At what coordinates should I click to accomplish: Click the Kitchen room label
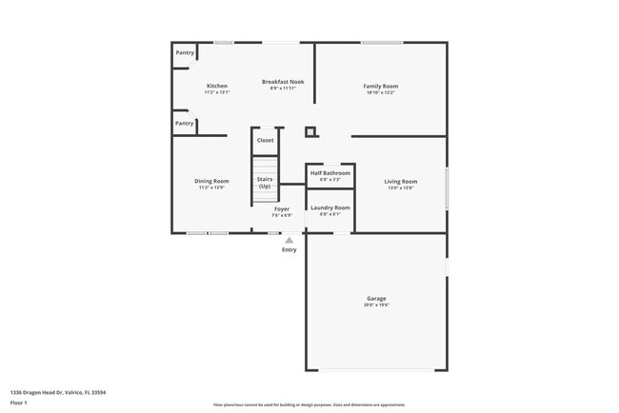pos(217,86)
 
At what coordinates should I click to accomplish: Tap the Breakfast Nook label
pos(283,82)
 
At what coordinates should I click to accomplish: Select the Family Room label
pos(381,86)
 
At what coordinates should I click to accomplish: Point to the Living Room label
pos(401,181)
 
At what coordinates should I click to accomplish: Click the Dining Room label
pos(211,181)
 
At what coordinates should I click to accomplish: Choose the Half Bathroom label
pos(330,173)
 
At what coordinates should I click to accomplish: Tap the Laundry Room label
pos(330,207)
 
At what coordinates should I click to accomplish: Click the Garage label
pos(377,298)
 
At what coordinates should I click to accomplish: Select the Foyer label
pos(282,208)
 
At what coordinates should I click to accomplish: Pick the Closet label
pos(265,140)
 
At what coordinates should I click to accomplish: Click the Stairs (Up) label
pos(265,182)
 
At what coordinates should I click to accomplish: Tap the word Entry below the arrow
pos(289,249)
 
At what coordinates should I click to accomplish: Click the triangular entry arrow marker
pos(289,240)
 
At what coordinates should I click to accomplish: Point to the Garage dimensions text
pos(377,305)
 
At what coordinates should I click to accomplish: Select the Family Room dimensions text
pos(381,92)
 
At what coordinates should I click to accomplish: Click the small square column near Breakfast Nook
pos(309,132)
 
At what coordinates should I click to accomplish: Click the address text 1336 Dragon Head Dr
pos(58,392)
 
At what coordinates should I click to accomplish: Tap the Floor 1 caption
pos(19,403)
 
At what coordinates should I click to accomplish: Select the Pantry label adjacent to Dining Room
pos(184,123)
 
